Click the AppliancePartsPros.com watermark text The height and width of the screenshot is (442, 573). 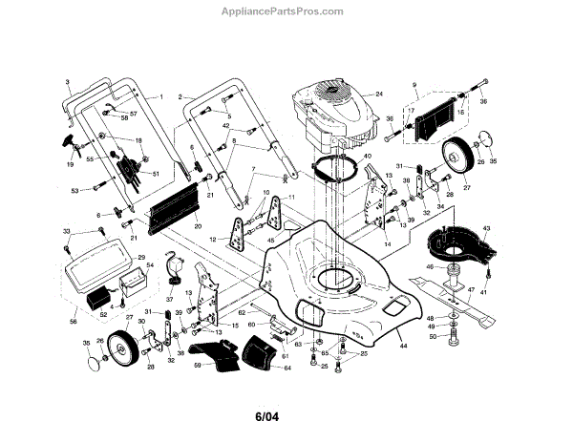click(x=286, y=12)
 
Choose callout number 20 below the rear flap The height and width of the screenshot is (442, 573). click(x=198, y=226)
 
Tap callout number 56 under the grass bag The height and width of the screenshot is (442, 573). click(x=74, y=322)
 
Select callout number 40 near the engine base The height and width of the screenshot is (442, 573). click(x=368, y=155)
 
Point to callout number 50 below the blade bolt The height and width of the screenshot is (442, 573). click(x=432, y=337)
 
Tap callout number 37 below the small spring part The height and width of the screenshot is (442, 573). click(x=170, y=298)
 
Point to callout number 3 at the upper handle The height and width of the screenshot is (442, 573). click(x=68, y=83)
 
